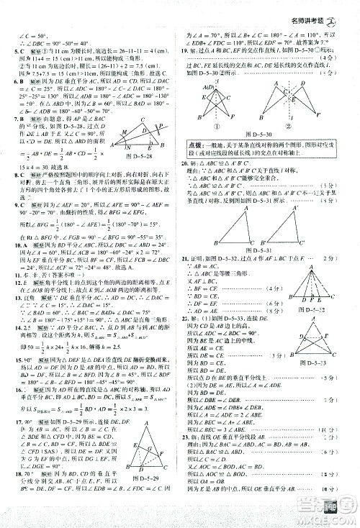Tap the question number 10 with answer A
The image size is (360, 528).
(17, 245)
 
